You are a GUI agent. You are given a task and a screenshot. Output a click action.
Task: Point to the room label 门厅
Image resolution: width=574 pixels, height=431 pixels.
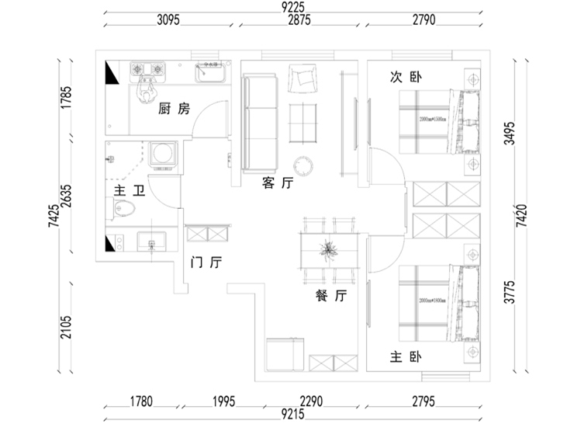click(x=206, y=263)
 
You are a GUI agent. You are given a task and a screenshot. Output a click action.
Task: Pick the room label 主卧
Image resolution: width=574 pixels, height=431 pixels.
click(x=405, y=357)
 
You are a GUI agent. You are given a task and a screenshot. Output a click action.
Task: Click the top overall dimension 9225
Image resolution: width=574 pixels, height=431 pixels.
click(x=292, y=7)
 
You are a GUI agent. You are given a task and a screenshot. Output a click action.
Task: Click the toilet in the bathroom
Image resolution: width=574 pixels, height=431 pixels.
click(x=124, y=207)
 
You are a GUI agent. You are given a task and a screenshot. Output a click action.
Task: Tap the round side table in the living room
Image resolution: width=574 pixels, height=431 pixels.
click(x=303, y=165)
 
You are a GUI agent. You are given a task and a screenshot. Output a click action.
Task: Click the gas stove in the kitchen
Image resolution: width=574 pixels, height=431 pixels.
click(x=148, y=71)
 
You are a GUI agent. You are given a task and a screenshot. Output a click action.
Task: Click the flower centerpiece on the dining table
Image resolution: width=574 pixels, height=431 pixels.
click(x=330, y=249)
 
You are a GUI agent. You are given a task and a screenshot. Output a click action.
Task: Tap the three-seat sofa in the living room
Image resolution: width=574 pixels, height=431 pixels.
click(x=260, y=123)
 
